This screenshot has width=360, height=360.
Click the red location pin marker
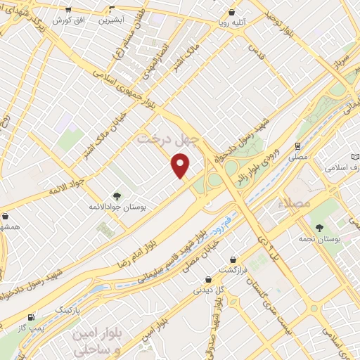click(x=181, y=165)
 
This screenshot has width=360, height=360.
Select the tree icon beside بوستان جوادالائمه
click(x=116, y=195)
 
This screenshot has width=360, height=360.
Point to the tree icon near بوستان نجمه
click(x=320, y=226)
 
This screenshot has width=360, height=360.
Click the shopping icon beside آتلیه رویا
click(x=232, y=12)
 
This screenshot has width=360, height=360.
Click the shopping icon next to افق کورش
click(x=67, y=11)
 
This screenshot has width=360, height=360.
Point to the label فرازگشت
click(x=234, y=270)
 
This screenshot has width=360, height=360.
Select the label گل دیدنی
click(x=209, y=289)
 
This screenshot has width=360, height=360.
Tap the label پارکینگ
click(x=69, y=309)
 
